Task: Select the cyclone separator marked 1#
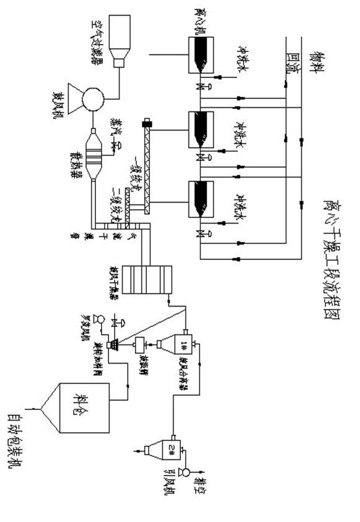pyautogui.click(x=180, y=344)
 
